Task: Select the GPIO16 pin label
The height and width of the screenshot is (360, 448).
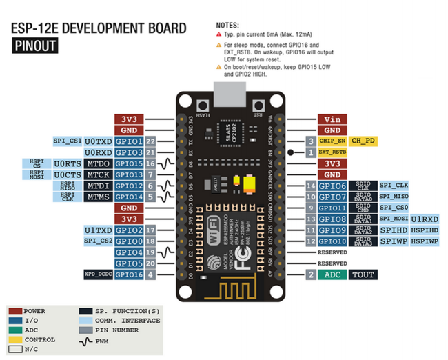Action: [x=129, y=274]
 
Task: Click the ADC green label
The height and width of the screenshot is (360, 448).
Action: [x=333, y=274]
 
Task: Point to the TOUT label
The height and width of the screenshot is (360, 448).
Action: [x=363, y=274]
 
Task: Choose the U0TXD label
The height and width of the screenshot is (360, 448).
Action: [x=99, y=141]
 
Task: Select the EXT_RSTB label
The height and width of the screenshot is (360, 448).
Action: [x=333, y=152]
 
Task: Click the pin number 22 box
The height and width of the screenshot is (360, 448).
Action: [x=150, y=141]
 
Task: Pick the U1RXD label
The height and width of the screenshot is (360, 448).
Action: [x=425, y=219]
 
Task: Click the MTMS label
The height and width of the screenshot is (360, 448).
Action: [x=99, y=197]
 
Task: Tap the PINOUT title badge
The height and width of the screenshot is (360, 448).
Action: [x=34, y=46]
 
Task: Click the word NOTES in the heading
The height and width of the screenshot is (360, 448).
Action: [x=227, y=25]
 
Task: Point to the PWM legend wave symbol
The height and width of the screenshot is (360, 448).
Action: [x=86, y=340]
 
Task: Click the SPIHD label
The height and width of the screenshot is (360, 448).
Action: [x=393, y=230]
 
